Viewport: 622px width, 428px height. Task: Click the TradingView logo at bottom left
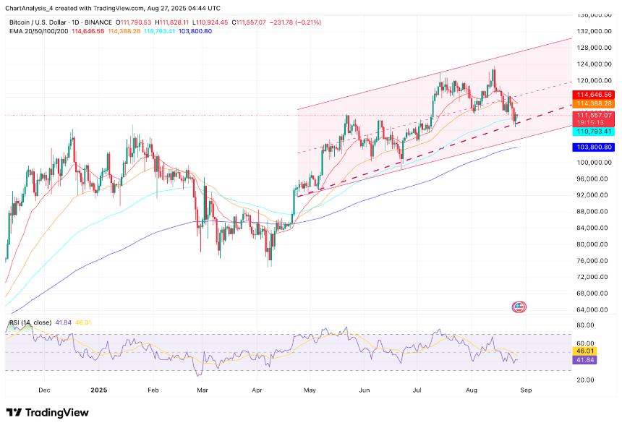pos(47,412)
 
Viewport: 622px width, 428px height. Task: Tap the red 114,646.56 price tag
pos(594,95)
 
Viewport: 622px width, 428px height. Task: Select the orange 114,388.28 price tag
pos(594,103)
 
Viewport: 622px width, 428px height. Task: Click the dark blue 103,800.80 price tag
pos(594,147)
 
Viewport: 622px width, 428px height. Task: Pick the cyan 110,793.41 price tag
pos(594,132)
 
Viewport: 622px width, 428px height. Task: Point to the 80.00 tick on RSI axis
pos(585,325)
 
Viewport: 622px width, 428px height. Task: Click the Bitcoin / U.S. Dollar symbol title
pos(38,22)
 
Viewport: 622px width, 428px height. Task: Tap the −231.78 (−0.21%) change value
pos(296,22)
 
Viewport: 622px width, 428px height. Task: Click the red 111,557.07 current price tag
pos(594,115)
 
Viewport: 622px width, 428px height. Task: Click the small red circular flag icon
pos(519,307)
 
